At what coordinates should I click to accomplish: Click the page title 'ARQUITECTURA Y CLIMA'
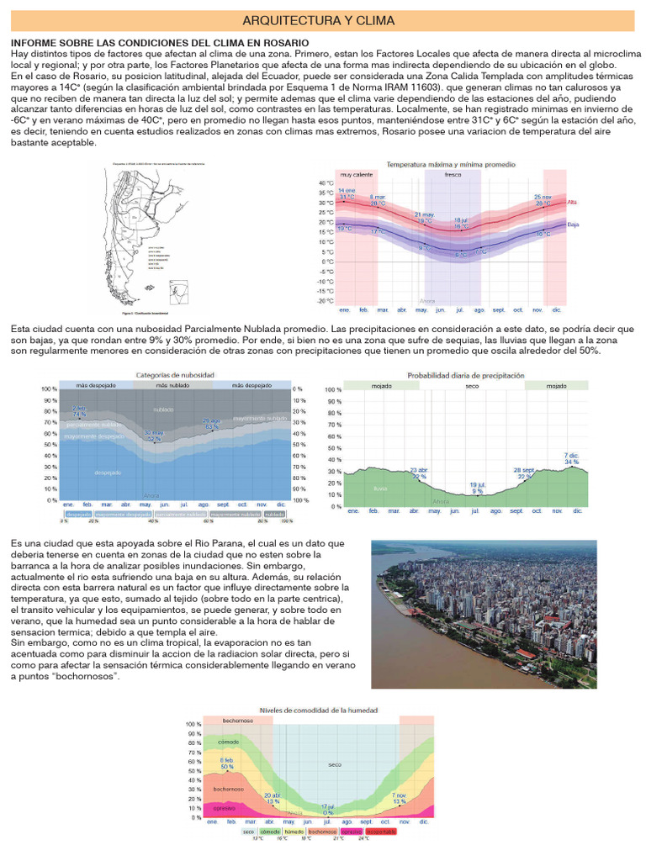[x=323, y=19]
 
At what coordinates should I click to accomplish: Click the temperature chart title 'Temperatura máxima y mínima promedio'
[x=451, y=164]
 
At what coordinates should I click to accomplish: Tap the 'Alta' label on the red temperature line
[x=572, y=202]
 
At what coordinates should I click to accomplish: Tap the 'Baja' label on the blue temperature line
[x=573, y=224]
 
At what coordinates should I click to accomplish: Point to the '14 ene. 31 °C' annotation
[x=347, y=194]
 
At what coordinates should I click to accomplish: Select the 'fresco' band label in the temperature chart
[x=453, y=175]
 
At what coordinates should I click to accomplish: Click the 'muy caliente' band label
[x=356, y=175]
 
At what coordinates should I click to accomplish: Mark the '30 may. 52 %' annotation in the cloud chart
[x=153, y=436]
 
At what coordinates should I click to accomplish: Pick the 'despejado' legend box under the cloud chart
[x=78, y=513]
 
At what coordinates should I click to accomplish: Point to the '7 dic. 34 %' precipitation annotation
[x=571, y=458]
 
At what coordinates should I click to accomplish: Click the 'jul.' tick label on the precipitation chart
[x=475, y=510]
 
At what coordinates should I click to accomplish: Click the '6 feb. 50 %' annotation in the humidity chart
[x=227, y=763]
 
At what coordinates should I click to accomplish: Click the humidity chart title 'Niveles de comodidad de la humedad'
[x=318, y=710]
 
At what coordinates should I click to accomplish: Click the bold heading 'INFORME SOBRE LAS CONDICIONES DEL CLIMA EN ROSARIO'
[x=160, y=43]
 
